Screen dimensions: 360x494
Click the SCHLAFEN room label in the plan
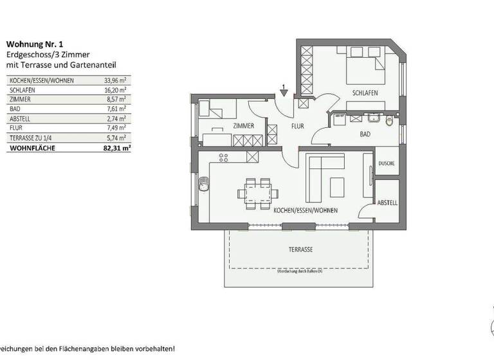pyautogui.click(x=364, y=93)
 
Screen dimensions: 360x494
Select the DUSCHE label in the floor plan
pyautogui.click(x=387, y=164)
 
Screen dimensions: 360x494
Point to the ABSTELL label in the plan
pyautogui.click(x=387, y=203)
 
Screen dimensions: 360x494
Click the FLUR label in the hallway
pyautogui.click(x=297, y=126)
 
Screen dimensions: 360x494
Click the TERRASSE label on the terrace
pyautogui.click(x=299, y=249)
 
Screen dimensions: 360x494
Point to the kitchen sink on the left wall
pyautogui.click(x=204, y=184)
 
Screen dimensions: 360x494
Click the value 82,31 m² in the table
pyautogui.click(x=117, y=147)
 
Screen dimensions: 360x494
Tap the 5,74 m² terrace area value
pyautogui.click(x=116, y=138)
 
